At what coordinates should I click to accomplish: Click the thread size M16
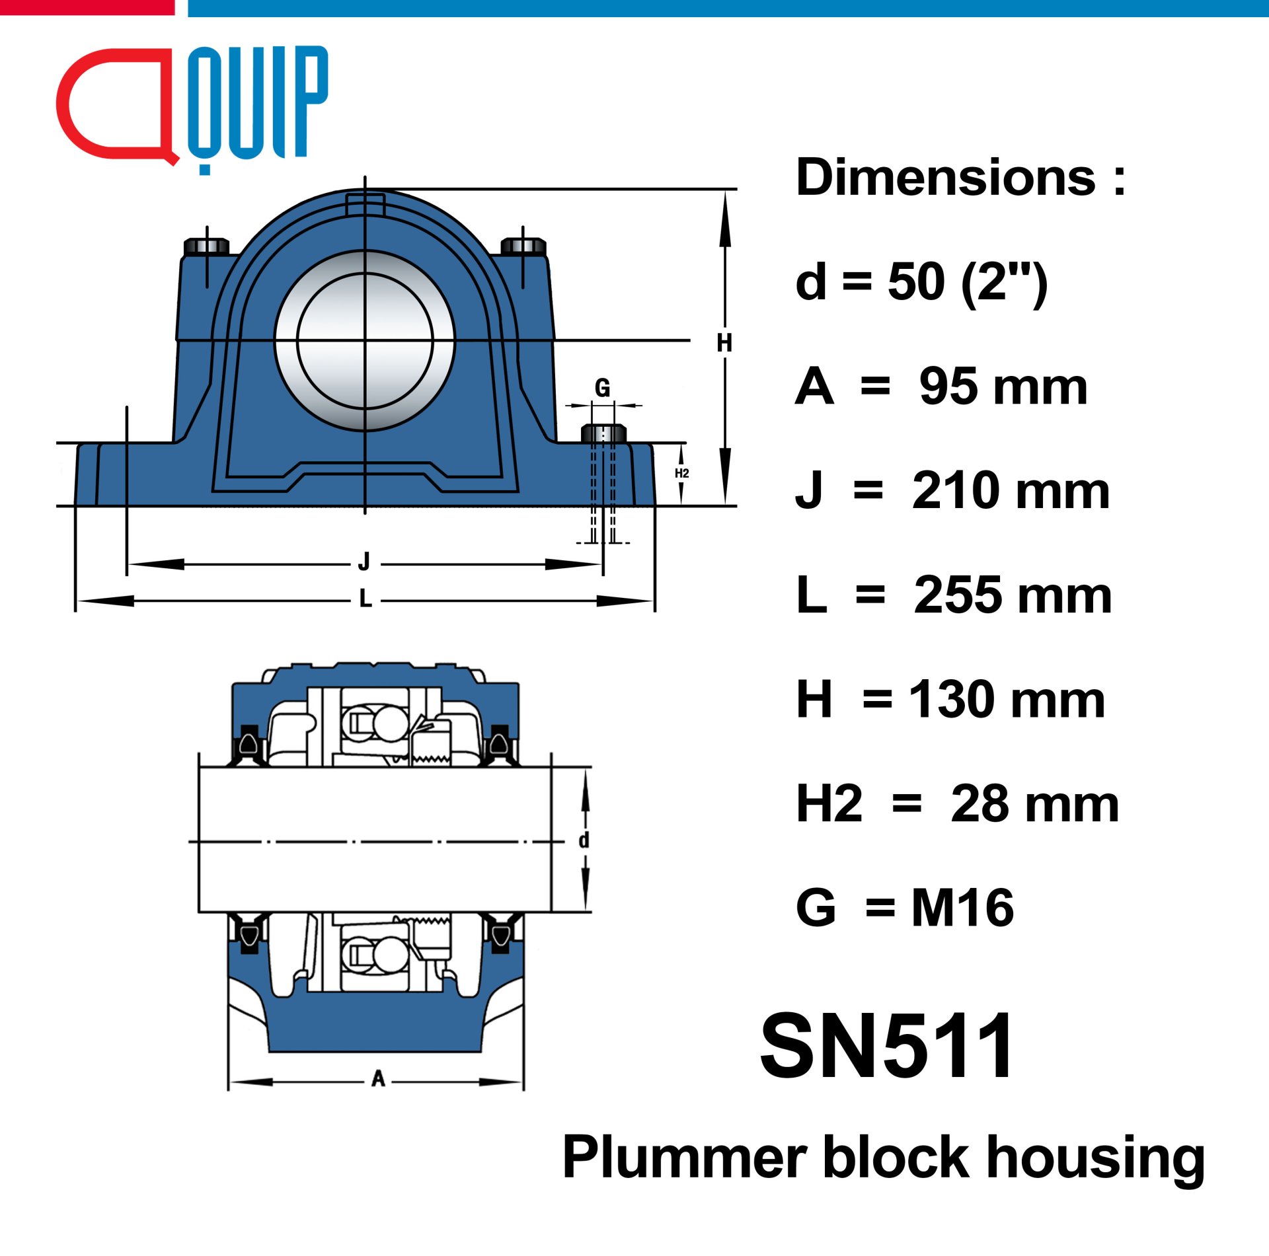962,908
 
